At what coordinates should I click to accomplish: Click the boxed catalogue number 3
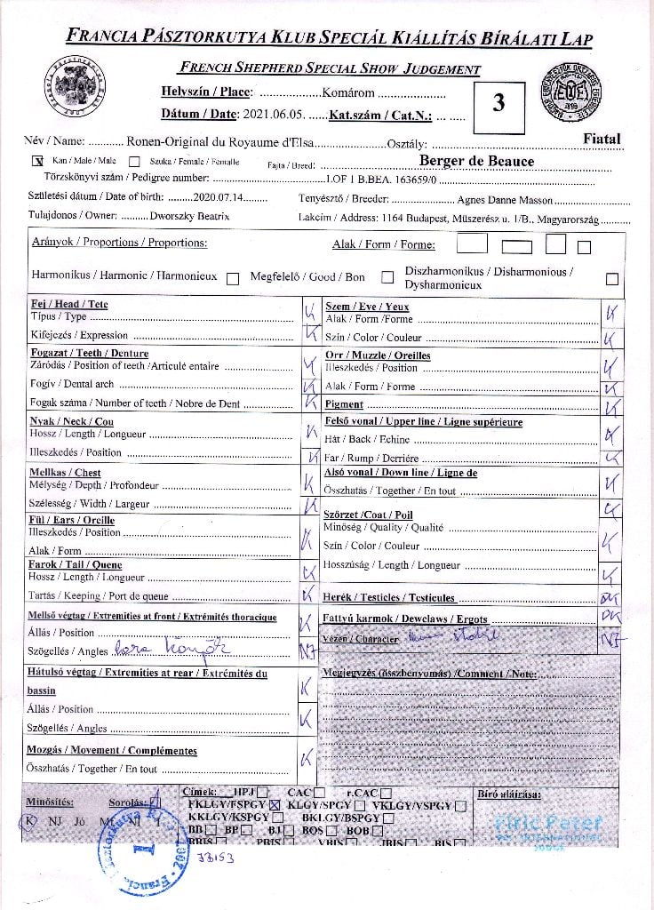[x=498, y=102]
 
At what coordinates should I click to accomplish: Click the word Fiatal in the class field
[x=602, y=139]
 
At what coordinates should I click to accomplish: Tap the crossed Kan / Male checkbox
[x=37, y=161]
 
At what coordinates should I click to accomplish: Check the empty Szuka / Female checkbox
[x=134, y=162]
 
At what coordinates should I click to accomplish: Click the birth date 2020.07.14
[x=218, y=197]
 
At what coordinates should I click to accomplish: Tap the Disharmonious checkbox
[x=611, y=278]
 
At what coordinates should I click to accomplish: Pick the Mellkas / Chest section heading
[x=66, y=473]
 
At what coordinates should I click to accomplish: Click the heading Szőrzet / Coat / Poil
[x=369, y=515]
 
